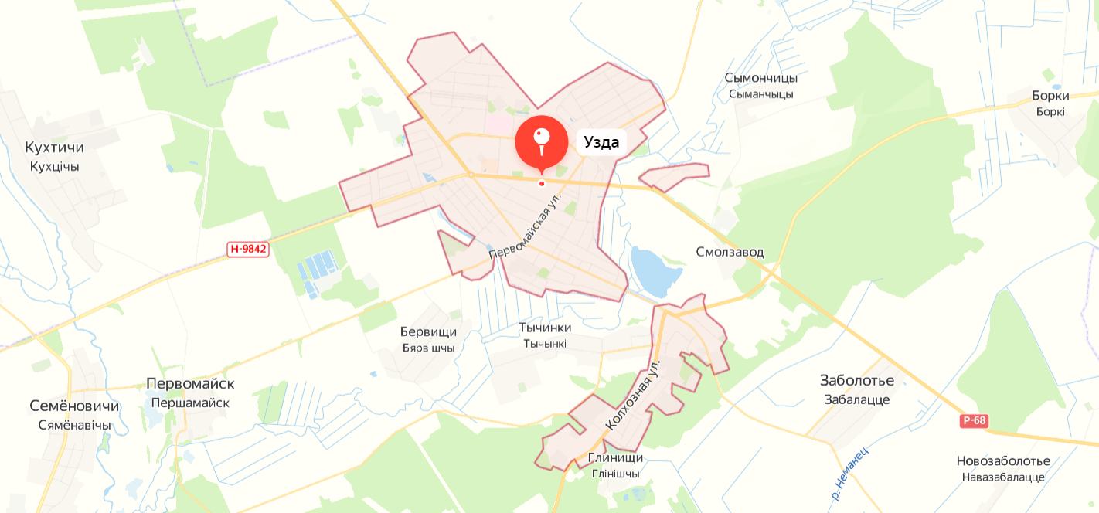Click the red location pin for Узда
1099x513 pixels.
click(542, 141)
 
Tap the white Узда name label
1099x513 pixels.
click(601, 142)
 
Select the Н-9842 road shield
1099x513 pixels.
click(248, 249)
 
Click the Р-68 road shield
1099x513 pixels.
click(975, 421)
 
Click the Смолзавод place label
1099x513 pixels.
click(730, 252)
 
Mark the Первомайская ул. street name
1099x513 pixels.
click(524, 226)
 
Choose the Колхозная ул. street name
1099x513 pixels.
click(634, 394)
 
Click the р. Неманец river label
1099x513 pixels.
click(850, 472)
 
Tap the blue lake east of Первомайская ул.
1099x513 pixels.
click(652, 272)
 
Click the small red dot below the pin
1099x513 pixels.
click(542, 183)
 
